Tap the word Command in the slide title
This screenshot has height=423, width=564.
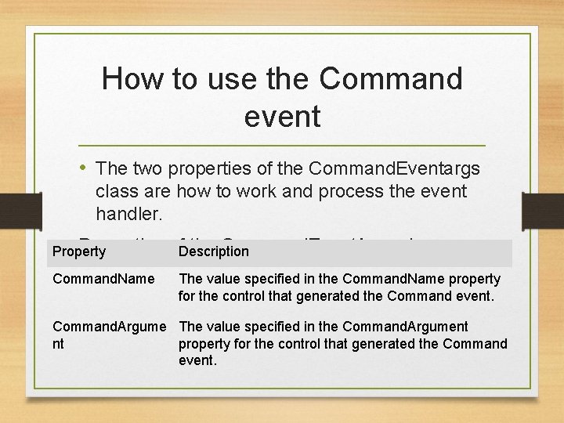[391, 79]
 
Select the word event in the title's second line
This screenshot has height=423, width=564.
[282, 117]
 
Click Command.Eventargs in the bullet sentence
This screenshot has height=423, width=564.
[395, 168]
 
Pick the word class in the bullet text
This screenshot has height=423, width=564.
[115, 191]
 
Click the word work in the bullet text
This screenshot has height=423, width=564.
[280, 191]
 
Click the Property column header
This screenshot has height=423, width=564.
[78, 251]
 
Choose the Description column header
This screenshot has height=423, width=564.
[213, 251]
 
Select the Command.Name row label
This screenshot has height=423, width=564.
[103, 279]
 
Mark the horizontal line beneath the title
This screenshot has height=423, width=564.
[282, 146]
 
